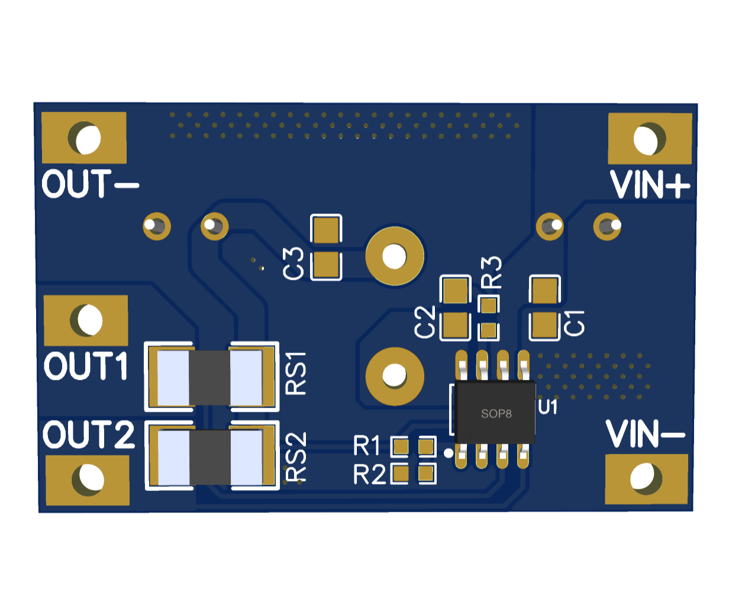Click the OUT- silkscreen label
pos(90,184)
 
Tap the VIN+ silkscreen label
pos(650,185)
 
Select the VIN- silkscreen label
pos(645,434)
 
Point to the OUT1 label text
pos(86,366)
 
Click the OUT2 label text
pos(88,434)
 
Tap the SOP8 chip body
pos(495,412)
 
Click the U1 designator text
pos(547,407)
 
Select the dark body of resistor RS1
pos(209,378)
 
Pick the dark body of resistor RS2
pos(210,457)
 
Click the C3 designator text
pos(293,263)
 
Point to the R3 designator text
pos(491,272)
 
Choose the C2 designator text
pos(424,322)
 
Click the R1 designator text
pos(367,445)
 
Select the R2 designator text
pos(369,474)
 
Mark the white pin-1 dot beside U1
pos(449,453)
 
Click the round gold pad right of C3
pos(395,256)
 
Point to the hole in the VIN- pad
pos(642,478)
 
